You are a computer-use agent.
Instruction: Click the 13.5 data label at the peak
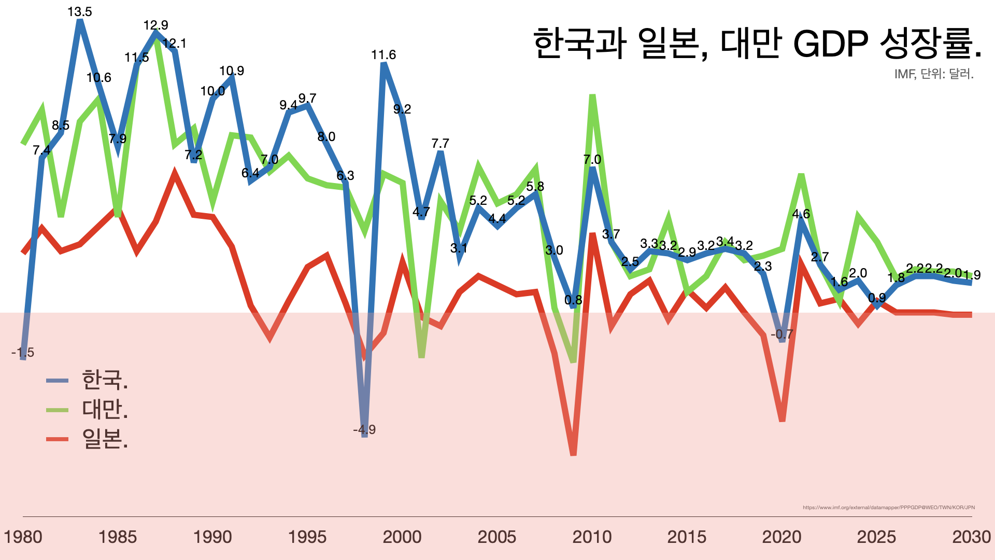80,12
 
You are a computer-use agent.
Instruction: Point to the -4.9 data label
364,429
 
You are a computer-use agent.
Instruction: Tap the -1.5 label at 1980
23,353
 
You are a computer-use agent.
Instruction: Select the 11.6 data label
383,55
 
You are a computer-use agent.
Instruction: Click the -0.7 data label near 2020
782,334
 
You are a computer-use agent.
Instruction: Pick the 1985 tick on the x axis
118,537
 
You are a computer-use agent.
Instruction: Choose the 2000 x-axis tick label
402,537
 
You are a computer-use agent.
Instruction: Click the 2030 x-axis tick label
971,537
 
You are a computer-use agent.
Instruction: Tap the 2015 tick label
687,537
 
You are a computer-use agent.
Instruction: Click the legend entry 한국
104,380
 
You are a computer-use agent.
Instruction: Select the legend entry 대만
104,410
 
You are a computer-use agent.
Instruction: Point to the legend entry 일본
104,439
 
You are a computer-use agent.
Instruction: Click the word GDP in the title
830,44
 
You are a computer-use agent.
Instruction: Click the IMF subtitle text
933,74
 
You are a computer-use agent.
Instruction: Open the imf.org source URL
888,508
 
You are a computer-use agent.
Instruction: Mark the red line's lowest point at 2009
573,454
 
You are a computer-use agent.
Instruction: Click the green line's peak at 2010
592,96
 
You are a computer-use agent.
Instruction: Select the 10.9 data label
232,71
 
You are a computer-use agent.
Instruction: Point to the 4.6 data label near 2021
801,214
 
